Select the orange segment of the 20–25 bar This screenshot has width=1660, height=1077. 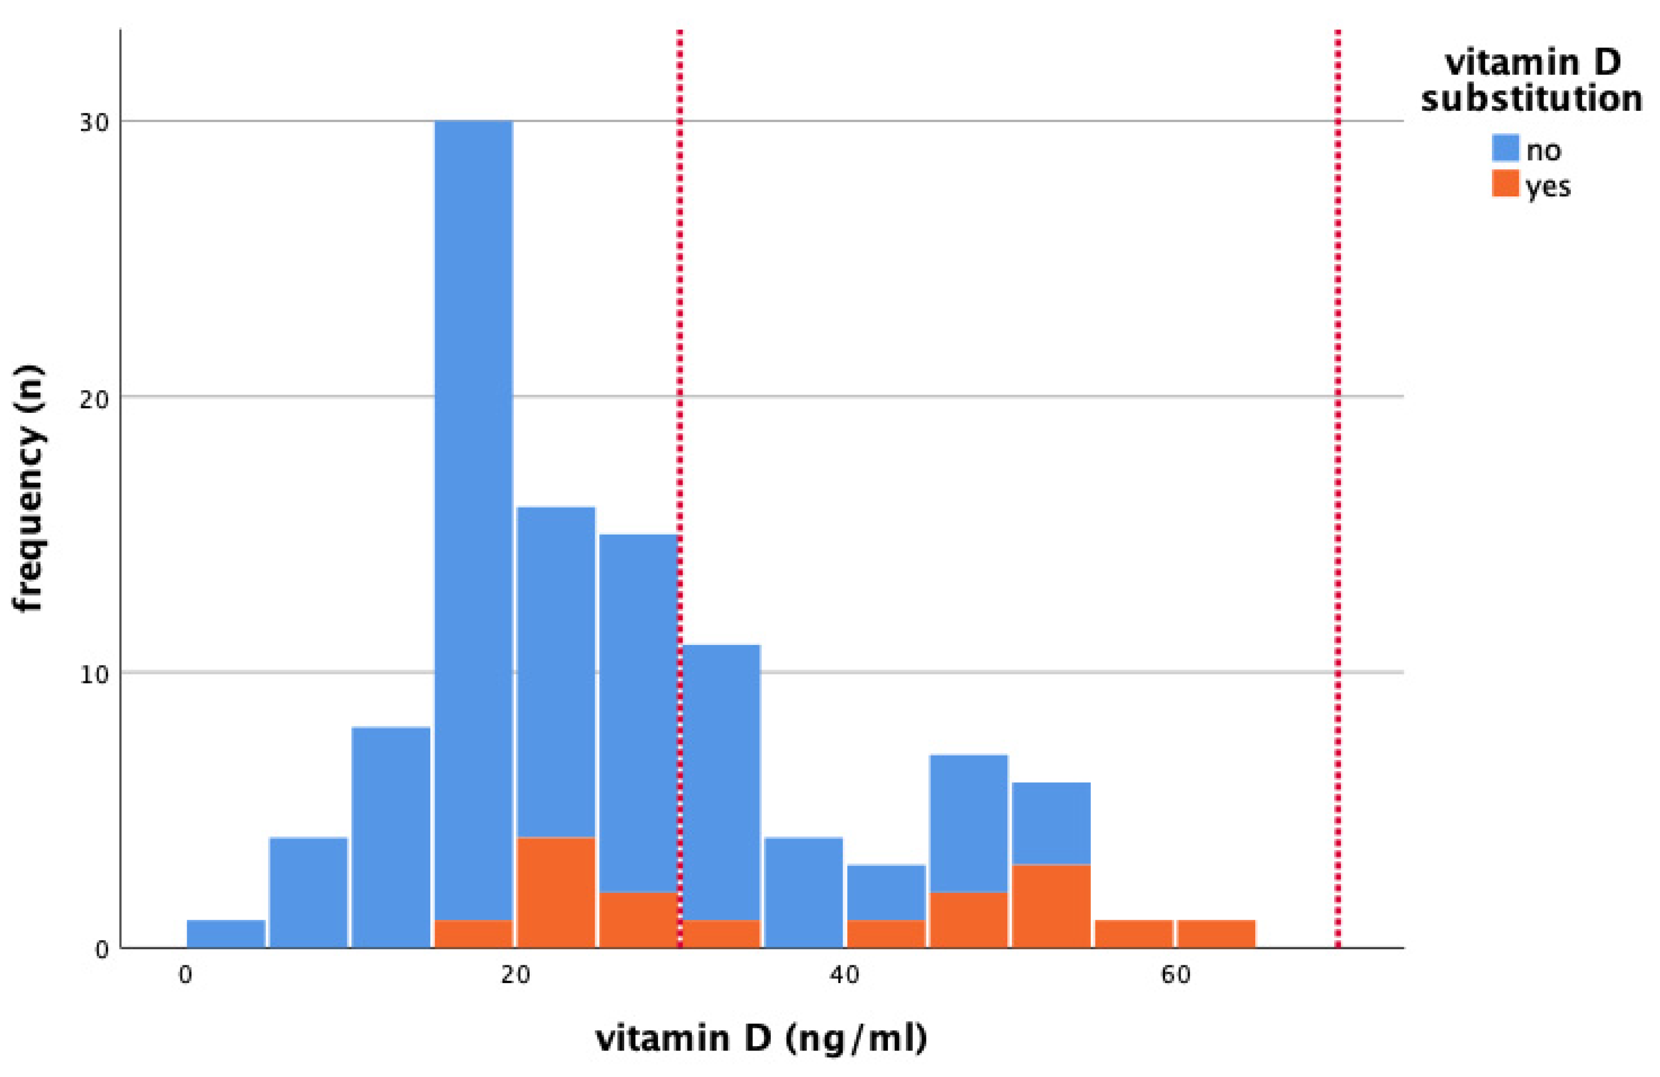click(556, 892)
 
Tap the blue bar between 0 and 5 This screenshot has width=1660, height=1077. click(226, 933)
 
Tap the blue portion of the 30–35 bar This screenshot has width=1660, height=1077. click(721, 781)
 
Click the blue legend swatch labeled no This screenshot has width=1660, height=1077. click(1505, 148)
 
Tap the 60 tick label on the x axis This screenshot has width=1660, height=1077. click(1176, 975)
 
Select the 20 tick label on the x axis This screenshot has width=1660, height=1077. click(515, 975)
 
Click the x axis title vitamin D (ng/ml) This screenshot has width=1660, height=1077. click(761, 1039)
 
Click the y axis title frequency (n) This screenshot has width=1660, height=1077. click(29, 488)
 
